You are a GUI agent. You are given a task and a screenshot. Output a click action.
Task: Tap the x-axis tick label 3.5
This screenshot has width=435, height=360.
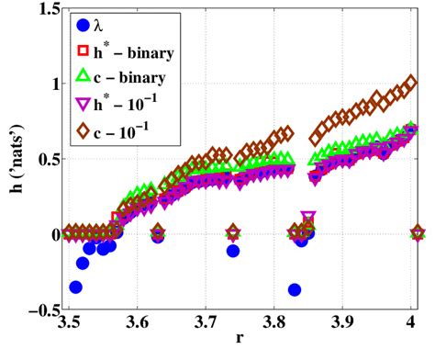[x=69, y=327]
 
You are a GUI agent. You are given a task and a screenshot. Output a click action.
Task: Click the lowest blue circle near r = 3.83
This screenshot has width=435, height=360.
[x=295, y=289]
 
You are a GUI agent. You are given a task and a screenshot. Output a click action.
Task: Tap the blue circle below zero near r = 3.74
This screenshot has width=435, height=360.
[x=233, y=251]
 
